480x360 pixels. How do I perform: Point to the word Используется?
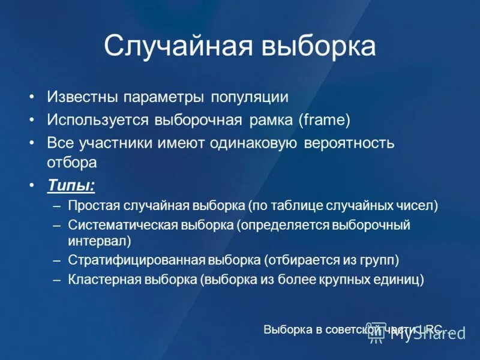click(x=98, y=120)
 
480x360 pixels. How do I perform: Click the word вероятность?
click(x=349, y=143)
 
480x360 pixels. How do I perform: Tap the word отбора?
click(x=71, y=162)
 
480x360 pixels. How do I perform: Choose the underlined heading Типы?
click(x=71, y=185)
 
